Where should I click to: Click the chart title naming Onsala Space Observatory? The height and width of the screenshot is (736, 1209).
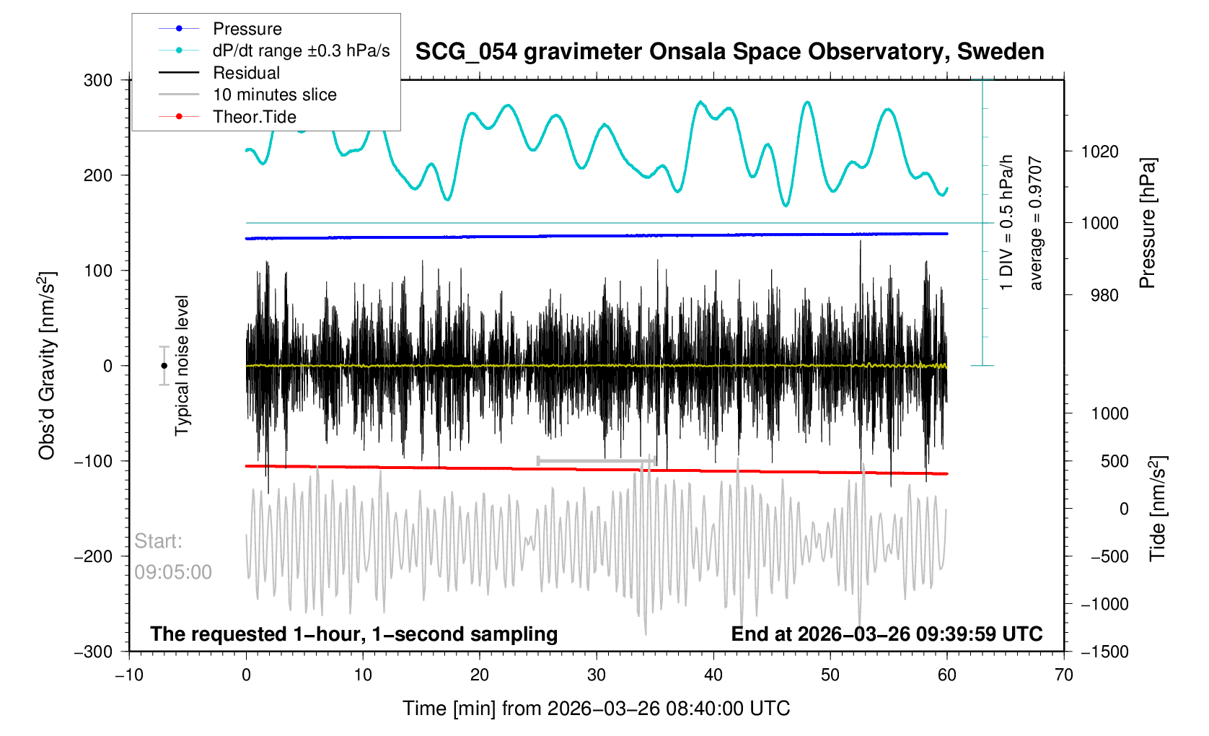pos(729,52)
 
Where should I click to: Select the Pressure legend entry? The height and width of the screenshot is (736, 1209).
pos(247,29)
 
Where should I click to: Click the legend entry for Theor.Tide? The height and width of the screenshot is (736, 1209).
pos(254,117)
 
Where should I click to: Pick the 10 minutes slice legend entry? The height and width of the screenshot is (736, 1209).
pos(274,95)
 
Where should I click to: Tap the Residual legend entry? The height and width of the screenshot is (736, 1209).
pos(246,73)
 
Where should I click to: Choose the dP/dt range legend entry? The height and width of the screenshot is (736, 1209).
pos(301,51)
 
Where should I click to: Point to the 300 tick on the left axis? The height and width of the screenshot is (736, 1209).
pos(98,80)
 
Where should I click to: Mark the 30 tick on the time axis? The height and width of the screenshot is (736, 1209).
pos(597,675)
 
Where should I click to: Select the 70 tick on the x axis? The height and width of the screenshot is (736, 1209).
pos(1064,675)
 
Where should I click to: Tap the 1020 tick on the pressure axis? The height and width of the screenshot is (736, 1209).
pos(1099,152)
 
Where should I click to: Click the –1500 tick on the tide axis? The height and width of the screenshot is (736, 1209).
pos(1104,652)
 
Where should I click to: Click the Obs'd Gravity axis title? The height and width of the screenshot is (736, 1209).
pos(47,366)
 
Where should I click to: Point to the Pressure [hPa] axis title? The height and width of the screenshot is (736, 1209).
pos(1147,223)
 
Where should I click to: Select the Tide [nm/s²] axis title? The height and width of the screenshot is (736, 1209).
pos(1158,509)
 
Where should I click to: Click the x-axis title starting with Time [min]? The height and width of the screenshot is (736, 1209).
pos(596,709)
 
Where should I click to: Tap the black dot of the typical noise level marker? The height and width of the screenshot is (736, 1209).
pos(164,366)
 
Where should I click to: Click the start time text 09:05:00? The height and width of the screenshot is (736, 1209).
pos(173,572)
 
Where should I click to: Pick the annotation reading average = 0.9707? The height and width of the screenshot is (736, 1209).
pos(1036,224)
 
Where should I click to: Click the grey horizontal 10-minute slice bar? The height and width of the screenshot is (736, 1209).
pos(596,460)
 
